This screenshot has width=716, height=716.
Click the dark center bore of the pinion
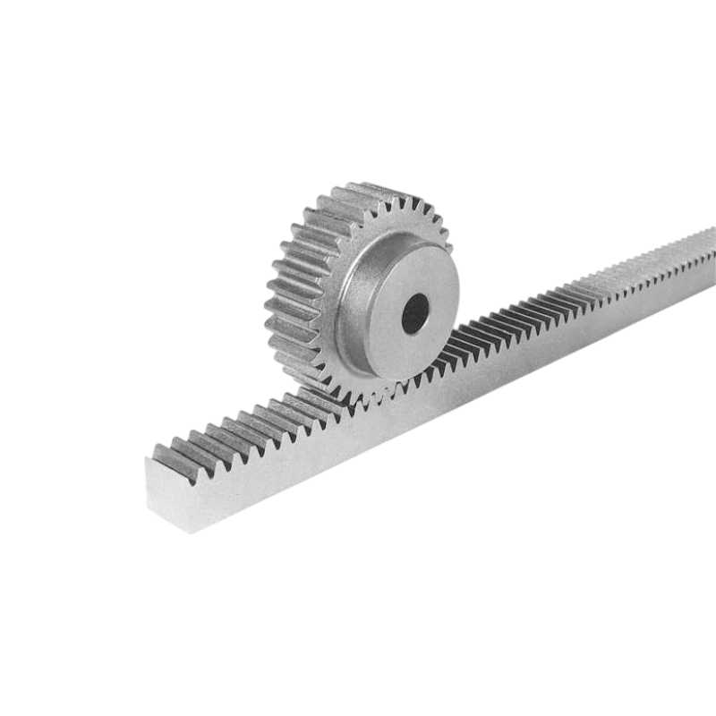click(x=414, y=313)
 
